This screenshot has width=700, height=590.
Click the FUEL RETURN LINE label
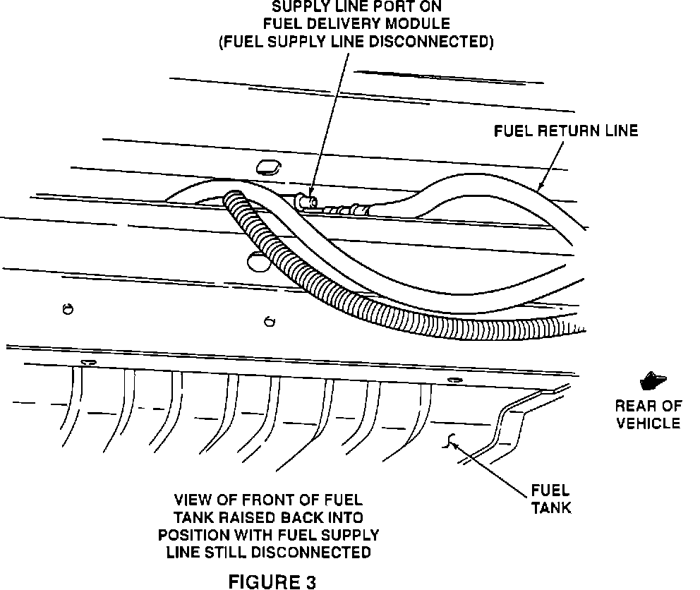point(565,131)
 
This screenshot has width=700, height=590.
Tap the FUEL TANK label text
point(550,498)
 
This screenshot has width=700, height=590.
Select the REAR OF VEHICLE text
point(648,414)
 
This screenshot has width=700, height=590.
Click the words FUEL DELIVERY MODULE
point(353,25)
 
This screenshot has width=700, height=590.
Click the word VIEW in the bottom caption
point(192,498)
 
